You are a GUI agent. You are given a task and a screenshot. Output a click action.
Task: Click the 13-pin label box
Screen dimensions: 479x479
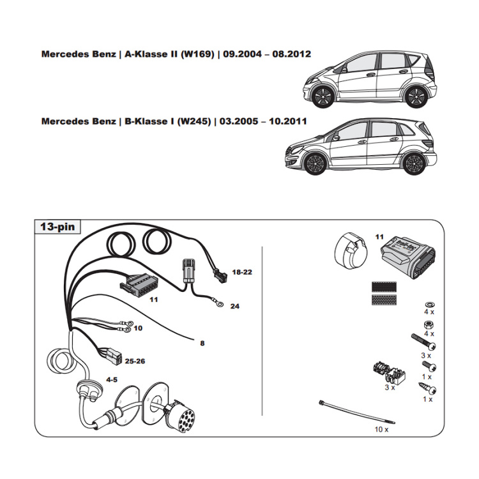point(57,227)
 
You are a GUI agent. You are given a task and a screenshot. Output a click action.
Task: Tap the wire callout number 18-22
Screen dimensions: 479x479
point(242,272)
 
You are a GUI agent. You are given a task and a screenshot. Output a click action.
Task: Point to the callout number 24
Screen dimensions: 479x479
point(234,307)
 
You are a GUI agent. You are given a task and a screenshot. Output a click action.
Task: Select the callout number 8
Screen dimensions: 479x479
point(202,344)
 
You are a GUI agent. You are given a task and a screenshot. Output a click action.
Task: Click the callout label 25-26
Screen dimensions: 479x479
point(135,361)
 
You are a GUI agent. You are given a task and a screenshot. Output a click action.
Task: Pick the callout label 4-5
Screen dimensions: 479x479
point(111,379)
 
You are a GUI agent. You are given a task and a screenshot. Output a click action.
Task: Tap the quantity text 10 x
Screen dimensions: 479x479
point(381,430)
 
